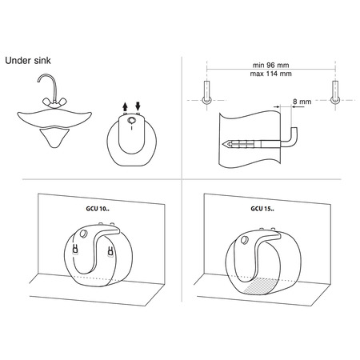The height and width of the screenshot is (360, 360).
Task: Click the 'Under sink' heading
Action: click(28, 61)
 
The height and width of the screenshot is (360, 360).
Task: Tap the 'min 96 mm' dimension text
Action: click(270, 65)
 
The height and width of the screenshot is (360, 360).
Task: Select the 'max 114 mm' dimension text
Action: click(270, 74)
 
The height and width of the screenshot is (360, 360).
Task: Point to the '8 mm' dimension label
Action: click(302, 102)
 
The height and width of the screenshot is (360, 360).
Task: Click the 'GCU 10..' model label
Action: click(98, 209)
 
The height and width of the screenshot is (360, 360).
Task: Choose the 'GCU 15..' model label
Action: click(262, 209)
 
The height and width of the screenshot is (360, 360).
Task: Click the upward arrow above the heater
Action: click(125, 106)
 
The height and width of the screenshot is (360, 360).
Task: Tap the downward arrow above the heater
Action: click(138, 106)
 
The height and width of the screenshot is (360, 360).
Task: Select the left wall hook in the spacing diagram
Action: click(206, 93)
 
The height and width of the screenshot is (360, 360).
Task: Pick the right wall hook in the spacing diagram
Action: click(335, 93)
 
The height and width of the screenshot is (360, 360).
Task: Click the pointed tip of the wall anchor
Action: click(223, 144)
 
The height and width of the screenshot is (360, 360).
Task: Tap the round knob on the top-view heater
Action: click(131, 120)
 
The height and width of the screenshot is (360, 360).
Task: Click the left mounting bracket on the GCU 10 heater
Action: click(75, 249)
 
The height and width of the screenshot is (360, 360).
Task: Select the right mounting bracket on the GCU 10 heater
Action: click(110, 253)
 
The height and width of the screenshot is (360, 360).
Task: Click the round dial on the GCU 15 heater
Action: click(244, 240)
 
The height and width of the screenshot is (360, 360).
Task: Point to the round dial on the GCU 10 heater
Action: click(83, 234)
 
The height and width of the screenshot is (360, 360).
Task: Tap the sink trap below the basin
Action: click(54, 137)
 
